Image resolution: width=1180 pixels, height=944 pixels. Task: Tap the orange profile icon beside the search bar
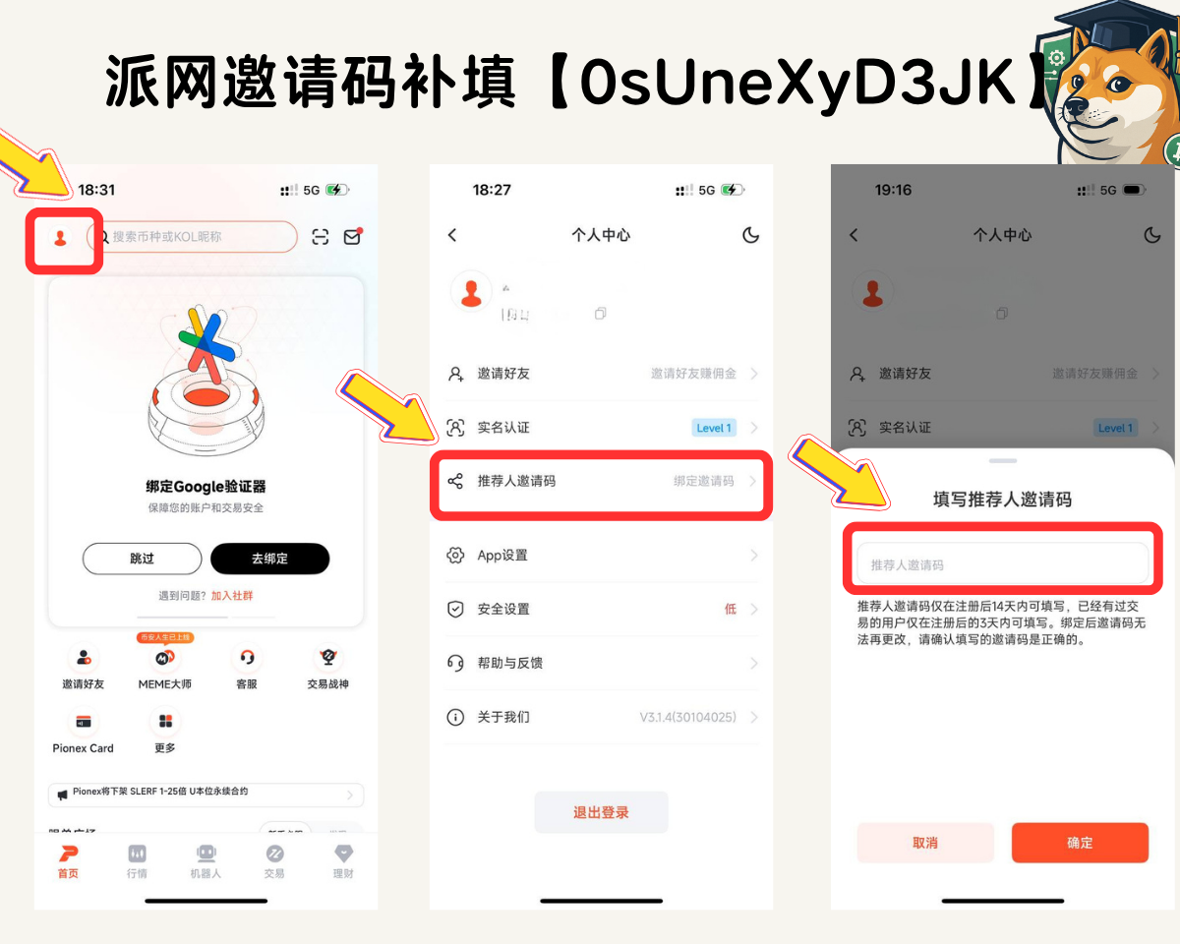tap(61, 238)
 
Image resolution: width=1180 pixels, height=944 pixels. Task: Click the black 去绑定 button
tap(269, 559)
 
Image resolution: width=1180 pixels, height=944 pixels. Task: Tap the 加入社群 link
tap(232, 596)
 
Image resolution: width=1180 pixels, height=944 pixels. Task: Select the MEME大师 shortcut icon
tap(165, 658)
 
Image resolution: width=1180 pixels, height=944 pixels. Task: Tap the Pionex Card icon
tap(84, 722)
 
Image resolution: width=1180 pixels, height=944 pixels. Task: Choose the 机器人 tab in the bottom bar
tap(206, 860)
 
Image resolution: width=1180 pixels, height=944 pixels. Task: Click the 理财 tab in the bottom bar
tap(343, 860)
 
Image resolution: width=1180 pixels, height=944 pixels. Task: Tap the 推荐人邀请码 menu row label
tap(516, 481)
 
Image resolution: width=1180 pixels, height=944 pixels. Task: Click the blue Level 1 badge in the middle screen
tap(713, 428)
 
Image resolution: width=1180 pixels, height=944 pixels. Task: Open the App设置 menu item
tap(502, 556)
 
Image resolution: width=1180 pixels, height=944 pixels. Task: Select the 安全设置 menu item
tap(503, 610)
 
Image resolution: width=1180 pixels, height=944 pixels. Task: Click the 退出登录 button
tap(601, 812)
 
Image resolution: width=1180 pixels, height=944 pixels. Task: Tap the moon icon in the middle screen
tap(750, 235)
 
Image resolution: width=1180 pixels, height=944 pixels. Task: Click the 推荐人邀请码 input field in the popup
tap(1002, 564)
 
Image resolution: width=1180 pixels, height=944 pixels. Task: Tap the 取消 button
tap(924, 843)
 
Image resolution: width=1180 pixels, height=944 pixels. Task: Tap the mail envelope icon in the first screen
tap(351, 237)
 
